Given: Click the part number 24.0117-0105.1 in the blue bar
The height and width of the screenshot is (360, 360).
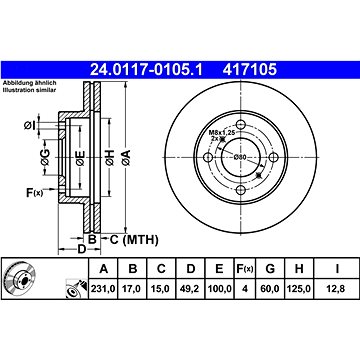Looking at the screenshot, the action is click(x=146, y=70).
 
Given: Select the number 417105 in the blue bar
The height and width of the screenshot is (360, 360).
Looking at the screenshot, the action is click(x=250, y=70).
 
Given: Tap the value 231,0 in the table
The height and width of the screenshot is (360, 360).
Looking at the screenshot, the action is click(x=103, y=289).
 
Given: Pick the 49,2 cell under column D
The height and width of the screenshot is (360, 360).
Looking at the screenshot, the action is click(x=190, y=289).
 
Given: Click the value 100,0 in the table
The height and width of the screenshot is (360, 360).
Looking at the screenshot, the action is click(x=219, y=289).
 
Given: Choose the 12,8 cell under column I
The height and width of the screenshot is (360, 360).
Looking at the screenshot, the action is click(x=337, y=289).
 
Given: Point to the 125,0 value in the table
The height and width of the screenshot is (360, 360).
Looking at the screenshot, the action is click(x=299, y=289).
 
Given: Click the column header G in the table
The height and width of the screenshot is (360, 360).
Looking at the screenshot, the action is click(x=270, y=269).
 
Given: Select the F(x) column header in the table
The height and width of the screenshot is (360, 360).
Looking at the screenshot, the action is click(x=244, y=269).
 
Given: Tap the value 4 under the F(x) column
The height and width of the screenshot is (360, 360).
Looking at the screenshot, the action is click(x=244, y=289).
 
